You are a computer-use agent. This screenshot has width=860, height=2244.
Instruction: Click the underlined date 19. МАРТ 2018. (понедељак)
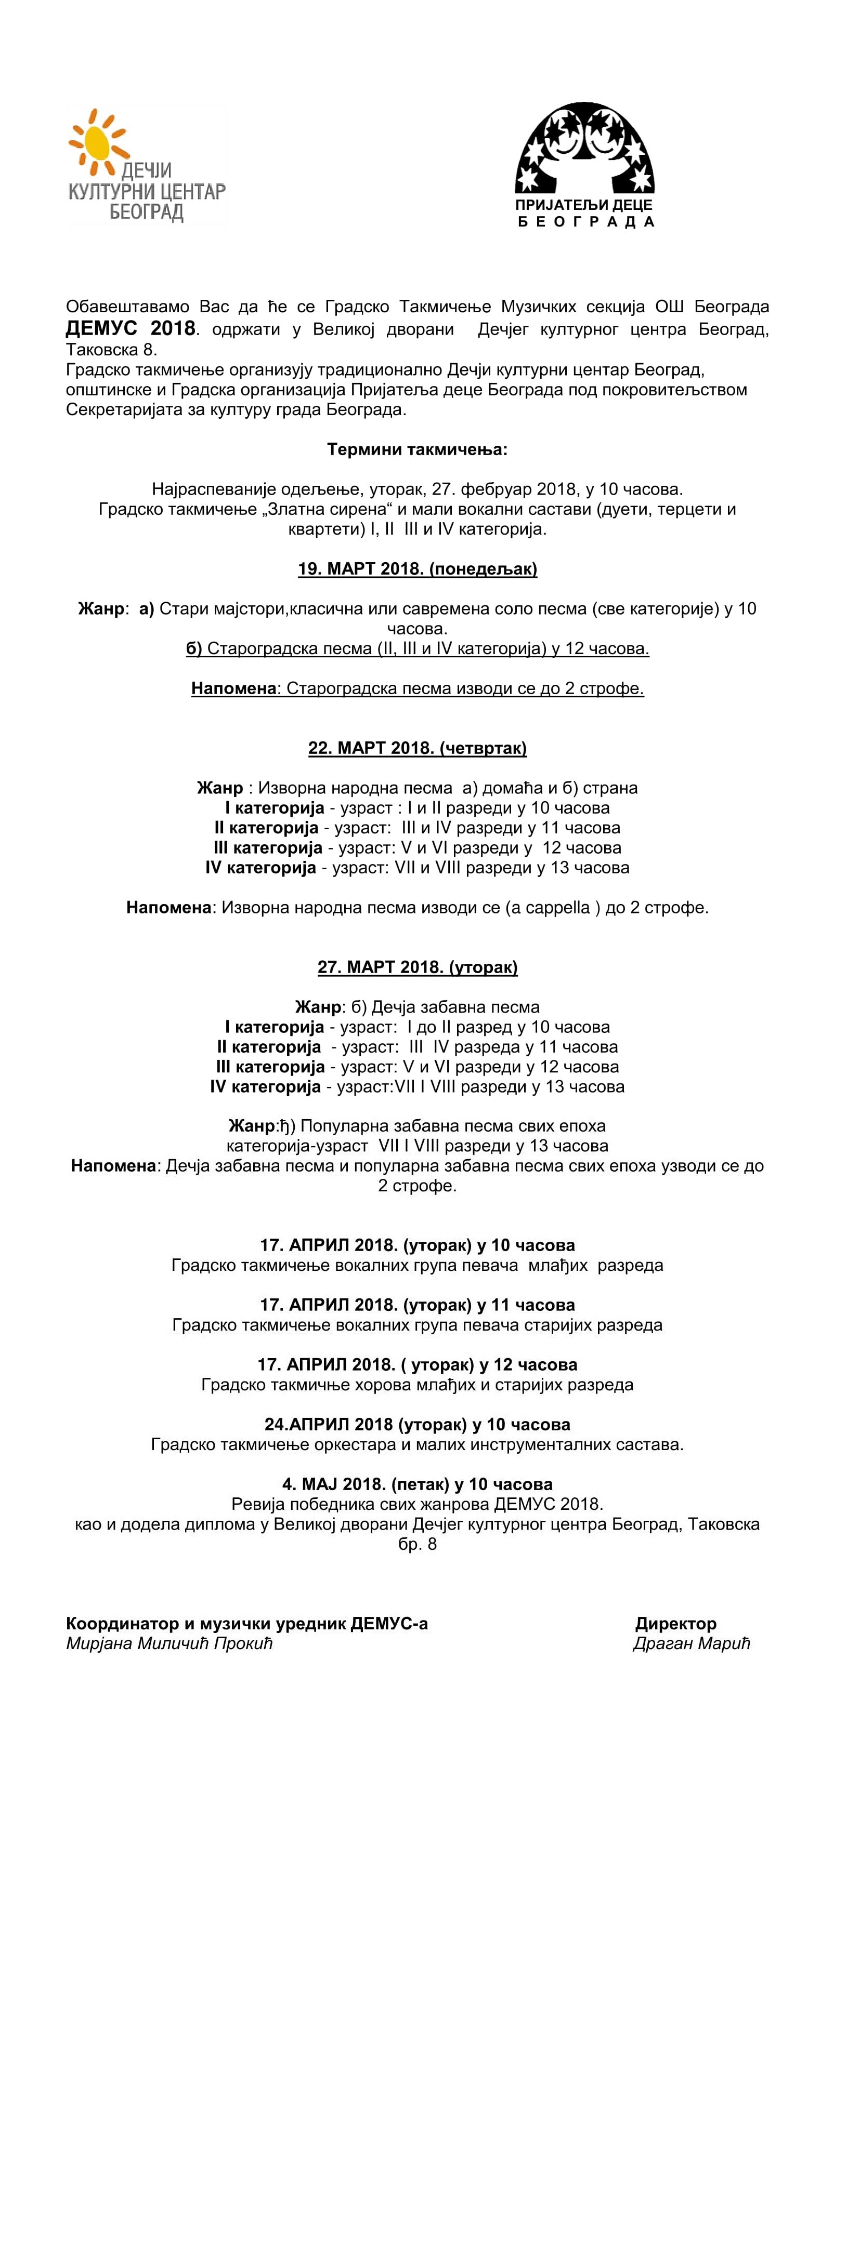pyautogui.click(x=418, y=569)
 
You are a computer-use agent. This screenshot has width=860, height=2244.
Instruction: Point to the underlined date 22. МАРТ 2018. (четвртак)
pyautogui.click(x=418, y=748)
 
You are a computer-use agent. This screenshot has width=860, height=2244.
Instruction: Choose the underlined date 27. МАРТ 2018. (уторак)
pyautogui.click(x=418, y=967)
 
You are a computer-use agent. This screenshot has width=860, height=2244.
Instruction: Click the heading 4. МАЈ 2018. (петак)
pyautogui.click(x=418, y=1483)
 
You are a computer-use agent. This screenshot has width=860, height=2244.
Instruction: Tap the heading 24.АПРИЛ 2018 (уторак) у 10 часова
pyautogui.click(x=418, y=1424)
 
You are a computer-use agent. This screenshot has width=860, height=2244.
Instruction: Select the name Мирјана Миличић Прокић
pyautogui.click(x=169, y=1644)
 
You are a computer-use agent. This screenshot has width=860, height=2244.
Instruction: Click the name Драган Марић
pyautogui.click(x=691, y=1644)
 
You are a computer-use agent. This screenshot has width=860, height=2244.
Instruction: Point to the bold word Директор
pyautogui.click(x=675, y=1624)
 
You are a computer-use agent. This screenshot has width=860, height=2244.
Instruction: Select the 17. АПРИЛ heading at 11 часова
pyautogui.click(x=418, y=1305)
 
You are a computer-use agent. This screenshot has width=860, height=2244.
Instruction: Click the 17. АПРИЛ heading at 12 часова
pyautogui.click(x=418, y=1364)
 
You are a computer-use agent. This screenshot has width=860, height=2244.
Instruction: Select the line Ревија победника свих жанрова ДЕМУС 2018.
pyautogui.click(x=418, y=1504)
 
